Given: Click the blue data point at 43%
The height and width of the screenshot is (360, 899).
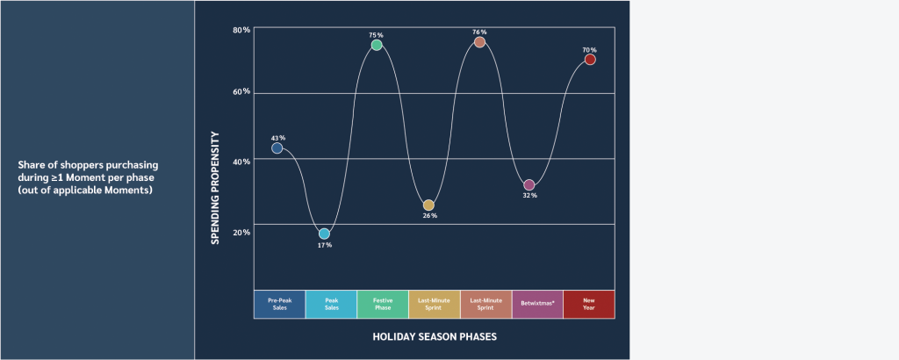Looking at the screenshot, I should (x=277, y=148).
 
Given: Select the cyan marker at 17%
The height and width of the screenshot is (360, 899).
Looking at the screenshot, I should (x=324, y=234).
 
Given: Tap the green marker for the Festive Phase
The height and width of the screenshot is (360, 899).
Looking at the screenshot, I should (x=377, y=45).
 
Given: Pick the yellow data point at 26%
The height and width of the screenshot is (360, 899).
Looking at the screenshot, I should (x=428, y=205).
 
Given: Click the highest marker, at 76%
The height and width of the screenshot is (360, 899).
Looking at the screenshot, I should (x=479, y=42).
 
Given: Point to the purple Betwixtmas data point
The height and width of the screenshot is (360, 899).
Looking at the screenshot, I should (x=529, y=185).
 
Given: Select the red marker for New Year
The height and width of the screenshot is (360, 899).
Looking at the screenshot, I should (x=590, y=60).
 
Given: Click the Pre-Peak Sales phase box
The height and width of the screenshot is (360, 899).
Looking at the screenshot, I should (x=279, y=304).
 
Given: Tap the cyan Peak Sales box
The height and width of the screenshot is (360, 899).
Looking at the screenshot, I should (x=331, y=304).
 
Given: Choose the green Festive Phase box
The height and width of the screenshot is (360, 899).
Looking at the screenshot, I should (x=383, y=304).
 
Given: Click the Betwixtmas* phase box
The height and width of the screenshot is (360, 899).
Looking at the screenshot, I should (x=536, y=304).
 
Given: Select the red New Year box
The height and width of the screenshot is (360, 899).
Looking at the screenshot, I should (x=588, y=304).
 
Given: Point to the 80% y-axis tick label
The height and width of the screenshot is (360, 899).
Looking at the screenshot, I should (x=241, y=31).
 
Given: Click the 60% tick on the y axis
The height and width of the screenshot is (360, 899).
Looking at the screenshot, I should (x=241, y=92).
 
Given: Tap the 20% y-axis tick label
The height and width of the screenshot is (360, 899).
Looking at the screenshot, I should (x=241, y=233).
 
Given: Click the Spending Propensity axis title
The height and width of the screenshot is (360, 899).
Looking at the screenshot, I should (x=214, y=188).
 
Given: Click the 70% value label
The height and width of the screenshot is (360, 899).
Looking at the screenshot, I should (x=589, y=49).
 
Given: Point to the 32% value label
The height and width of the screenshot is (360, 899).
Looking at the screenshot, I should (x=529, y=196).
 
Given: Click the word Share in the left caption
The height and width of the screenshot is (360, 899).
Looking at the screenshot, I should (x=30, y=165).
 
